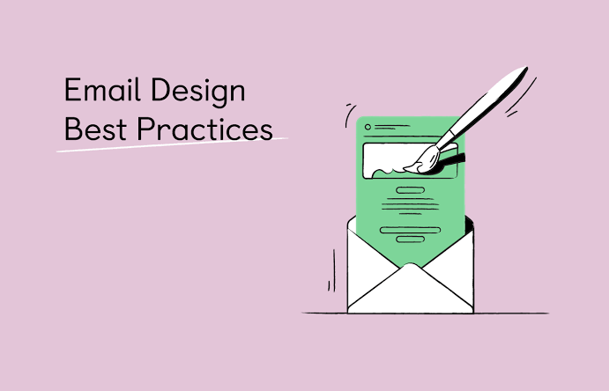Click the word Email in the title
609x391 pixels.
(x=101, y=90)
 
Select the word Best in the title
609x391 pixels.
(x=95, y=129)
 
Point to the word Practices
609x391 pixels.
(x=204, y=129)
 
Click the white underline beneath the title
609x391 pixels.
(x=172, y=144)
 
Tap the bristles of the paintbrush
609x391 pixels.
(x=423, y=159)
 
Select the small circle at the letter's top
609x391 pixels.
(x=368, y=127)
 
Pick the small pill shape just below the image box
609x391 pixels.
(x=411, y=190)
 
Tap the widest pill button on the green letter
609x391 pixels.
(x=410, y=230)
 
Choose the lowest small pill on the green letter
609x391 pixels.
(x=410, y=240)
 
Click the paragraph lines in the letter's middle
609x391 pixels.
(x=410, y=206)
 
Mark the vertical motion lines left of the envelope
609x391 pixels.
(x=332, y=270)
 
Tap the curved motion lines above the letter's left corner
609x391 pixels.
(x=350, y=114)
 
